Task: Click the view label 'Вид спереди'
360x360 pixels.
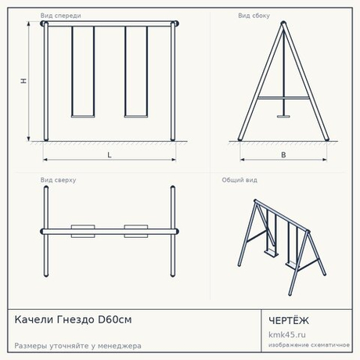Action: (60, 16)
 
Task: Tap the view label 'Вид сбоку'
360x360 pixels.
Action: (254, 16)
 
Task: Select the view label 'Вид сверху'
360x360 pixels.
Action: (58, 180)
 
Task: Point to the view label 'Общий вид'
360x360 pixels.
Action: (239, 180)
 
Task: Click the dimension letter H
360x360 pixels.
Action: (23, 81)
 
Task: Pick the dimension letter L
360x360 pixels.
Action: (110, 155)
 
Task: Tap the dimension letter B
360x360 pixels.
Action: (283, 155)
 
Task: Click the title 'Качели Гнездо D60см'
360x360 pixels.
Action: (73, 319)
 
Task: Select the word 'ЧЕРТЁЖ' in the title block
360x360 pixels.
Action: (289, 321)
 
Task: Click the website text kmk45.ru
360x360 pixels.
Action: (287, 335)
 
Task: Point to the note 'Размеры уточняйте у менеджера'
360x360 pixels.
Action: (77, 346)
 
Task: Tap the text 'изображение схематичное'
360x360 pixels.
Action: (309, 345)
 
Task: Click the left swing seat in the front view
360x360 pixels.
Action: (83, 117)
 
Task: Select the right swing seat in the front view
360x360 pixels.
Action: (136, 117)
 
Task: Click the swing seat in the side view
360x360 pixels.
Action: (283, 117)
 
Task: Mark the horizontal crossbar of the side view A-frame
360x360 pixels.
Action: (283, 98)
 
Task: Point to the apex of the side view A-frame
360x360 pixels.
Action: (283, 23)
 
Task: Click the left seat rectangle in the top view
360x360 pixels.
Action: (83, 231)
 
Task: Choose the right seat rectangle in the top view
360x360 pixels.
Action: (136, 231)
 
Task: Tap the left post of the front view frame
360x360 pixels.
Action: (46, 81)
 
